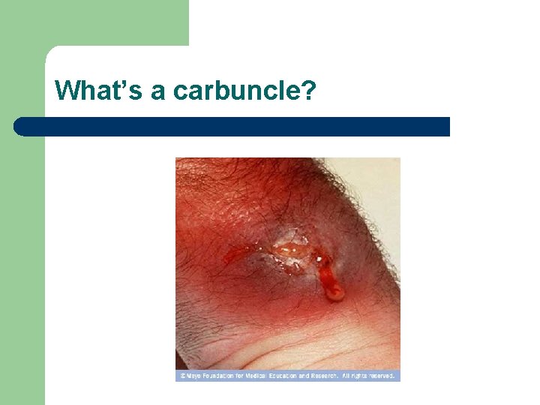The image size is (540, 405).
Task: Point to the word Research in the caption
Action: click(325, 376)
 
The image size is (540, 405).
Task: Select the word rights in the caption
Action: click(360, 376)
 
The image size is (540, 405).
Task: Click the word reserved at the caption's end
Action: click(382, 376)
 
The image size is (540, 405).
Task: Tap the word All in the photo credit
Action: click(346, 376)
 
